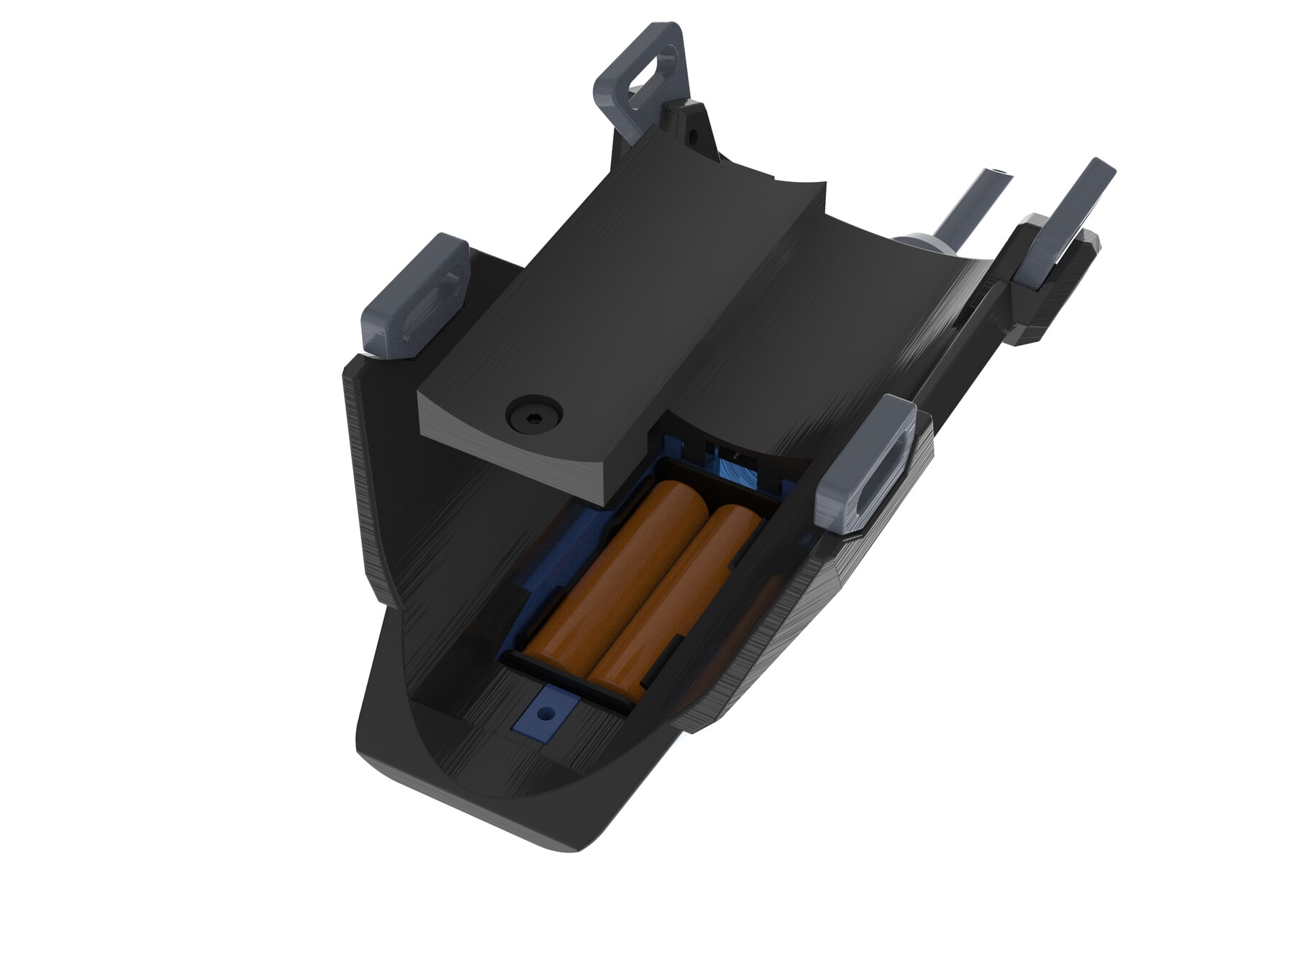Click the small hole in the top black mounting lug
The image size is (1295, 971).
click(x=696, y=135)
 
